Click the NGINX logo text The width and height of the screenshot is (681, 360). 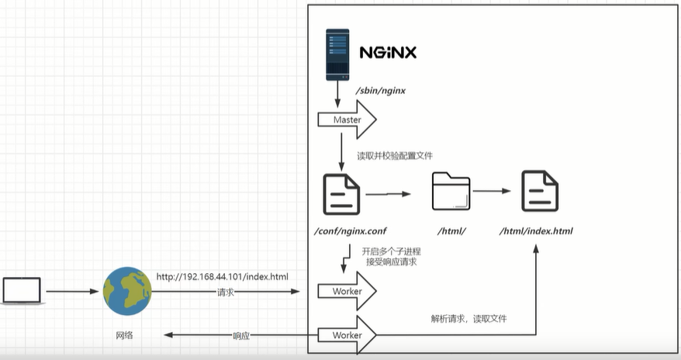point(388,53)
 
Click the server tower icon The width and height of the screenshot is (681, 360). point(337,55)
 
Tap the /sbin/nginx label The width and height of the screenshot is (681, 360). point(381,91)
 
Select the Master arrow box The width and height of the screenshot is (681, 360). point(347,119)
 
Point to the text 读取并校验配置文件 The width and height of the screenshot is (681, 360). point(395,156)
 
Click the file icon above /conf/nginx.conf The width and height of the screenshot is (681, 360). point(341,194)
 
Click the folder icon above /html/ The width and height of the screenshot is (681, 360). point(451,191)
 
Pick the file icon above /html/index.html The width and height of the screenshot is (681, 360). point(540,191)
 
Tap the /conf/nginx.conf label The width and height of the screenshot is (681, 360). point(351,231)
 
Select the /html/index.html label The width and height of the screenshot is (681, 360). point(536,231)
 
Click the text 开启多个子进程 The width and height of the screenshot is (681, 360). point(392,251)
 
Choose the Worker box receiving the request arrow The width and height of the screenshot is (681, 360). point(347,291)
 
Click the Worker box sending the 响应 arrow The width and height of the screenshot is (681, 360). point(347,335)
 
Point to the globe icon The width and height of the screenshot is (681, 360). point(127,291)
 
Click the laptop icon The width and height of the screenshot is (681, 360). point(22,291)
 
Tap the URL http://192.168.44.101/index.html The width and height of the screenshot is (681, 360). point(223,277)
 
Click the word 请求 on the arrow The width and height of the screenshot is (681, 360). point(226,292)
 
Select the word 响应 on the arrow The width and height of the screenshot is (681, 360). point(241,336)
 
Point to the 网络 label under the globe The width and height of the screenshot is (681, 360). point(124,335)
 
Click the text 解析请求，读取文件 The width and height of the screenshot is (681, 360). point(468,319)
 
